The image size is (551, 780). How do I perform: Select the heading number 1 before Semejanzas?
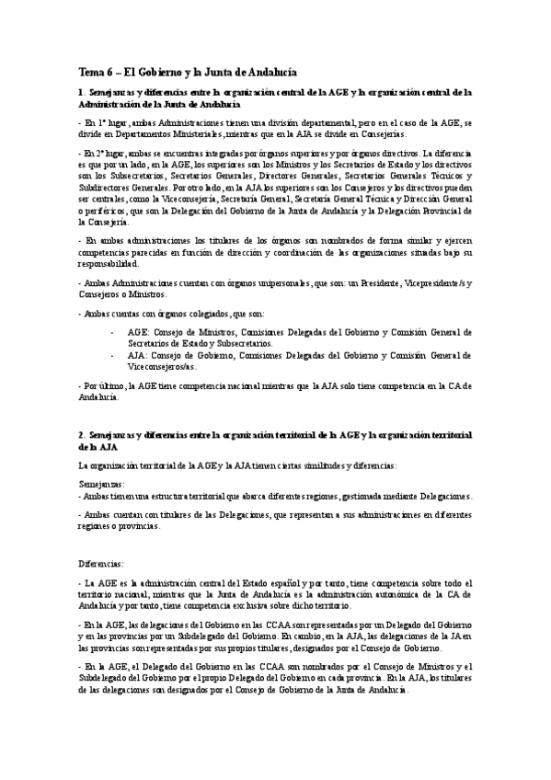click(x=80, y=92)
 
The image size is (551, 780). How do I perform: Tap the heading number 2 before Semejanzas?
click(x=80, y=434)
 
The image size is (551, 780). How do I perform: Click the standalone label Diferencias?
click(x=102, y=563)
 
